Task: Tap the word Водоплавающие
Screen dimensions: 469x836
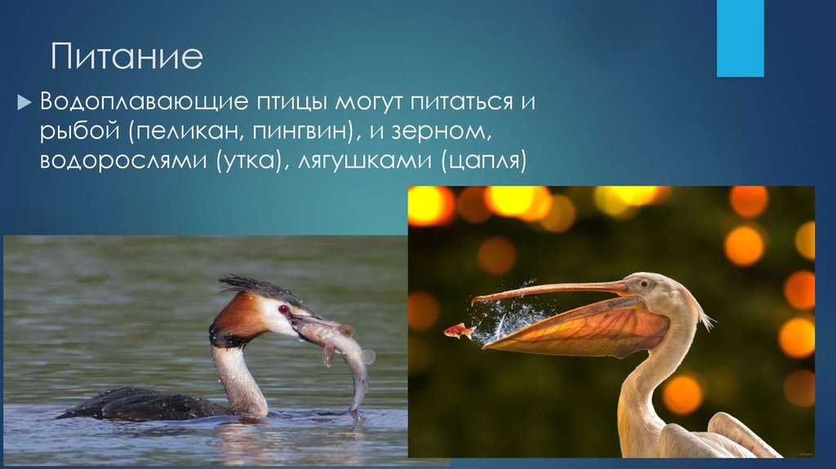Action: (x=138, y=104)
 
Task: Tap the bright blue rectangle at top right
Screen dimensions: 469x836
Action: (x=740, y=38)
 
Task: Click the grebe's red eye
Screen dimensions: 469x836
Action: (x=283, y=309)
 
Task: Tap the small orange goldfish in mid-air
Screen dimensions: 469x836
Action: (x=460, y=331)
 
